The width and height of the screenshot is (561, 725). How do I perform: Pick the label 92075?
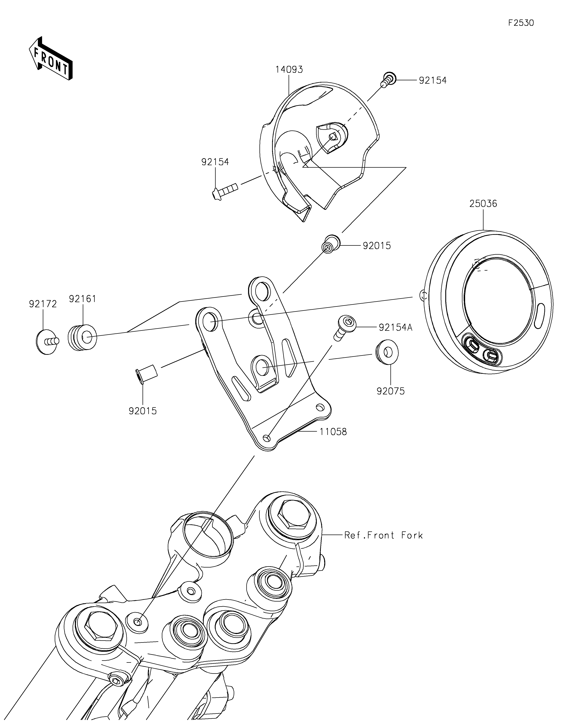click(x=390, y=391)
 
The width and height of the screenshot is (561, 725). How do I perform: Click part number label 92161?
click(x=83, y=299)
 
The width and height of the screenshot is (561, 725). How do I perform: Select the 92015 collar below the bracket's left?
click(x=146, y=374)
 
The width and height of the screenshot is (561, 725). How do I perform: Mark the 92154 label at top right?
click(x=433, y=80)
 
